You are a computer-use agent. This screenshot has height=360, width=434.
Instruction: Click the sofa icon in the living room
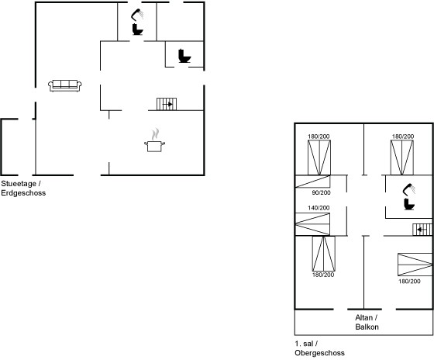click(x=65, y=85)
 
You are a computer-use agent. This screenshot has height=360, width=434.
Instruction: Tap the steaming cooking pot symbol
click(x=154, y=140)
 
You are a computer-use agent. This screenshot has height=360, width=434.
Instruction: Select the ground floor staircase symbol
click(x=167, y=104)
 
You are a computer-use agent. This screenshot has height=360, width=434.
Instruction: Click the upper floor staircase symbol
click(x=422, y=230)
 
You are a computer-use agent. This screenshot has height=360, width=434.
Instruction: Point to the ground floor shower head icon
click(x=137, y=15)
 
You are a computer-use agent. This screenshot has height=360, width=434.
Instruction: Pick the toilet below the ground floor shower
click(x=138, y=29)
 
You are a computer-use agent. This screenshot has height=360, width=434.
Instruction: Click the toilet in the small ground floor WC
click(x=184, y=56)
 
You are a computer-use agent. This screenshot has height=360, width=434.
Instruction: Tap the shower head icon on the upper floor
click(x=409, y=189)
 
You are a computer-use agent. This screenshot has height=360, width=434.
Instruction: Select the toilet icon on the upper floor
click(x=409, y=204)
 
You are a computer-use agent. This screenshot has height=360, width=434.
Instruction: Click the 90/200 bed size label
click(x=321, y=192)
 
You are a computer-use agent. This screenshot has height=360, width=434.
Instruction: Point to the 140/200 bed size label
click(x=319, y=208)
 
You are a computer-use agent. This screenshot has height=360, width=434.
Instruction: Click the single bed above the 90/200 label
click(x=313, y=182)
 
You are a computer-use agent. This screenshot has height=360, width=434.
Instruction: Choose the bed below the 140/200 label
click(x=312, y=224)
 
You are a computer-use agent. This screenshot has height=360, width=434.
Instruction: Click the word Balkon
click(x=367, y=327)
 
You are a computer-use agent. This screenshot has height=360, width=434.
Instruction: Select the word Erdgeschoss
click(x=23, y=193)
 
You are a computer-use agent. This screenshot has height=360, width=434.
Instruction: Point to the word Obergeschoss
click(x=319, y=353)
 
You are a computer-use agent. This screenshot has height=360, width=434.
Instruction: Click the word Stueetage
click(x=19, y=184)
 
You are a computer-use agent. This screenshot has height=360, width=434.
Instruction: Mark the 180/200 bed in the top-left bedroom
click(x=319, y=157)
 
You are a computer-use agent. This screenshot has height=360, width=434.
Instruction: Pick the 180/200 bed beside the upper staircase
click(x=415, y=265)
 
